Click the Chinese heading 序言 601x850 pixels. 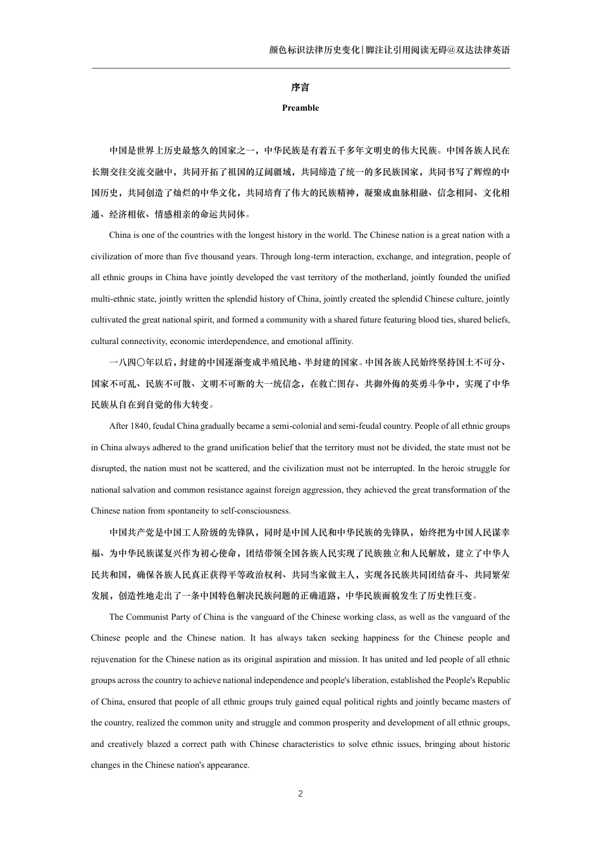coord(300,87)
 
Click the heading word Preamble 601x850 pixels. coord(300,108)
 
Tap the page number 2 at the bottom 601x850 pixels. coord(300,794)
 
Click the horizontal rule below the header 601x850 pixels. coord(300,68)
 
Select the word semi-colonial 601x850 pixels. coord(295,426)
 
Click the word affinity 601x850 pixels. coord(338,342)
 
